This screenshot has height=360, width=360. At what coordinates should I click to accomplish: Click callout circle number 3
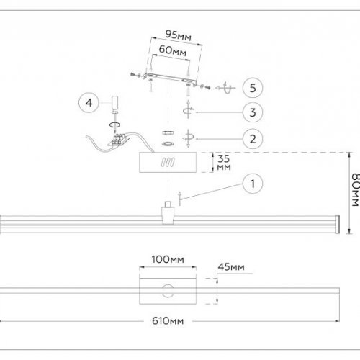coord(251,112)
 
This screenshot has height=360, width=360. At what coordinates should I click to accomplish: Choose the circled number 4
coord(89,103)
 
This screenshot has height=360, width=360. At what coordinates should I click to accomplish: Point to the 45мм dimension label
coord(231,268)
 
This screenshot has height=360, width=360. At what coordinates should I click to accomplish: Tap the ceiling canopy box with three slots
coord(167,163)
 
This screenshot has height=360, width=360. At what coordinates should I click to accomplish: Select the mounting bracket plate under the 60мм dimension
coord(168,78)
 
